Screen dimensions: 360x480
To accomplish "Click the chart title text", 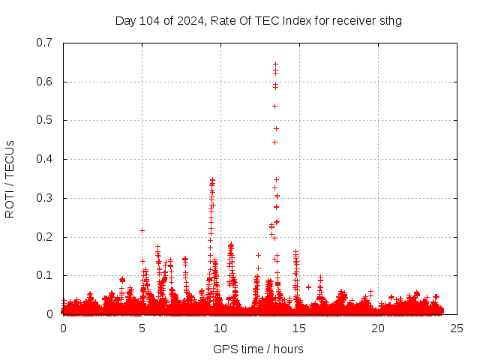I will pyautogui.click(x=259, y=21).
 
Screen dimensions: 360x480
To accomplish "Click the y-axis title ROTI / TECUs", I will pyautogui.click(x=10, y=178).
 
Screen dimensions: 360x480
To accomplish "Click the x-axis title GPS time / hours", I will pyautogui.click(x=259, y=349).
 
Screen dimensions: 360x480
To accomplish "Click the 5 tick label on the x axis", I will pyautogui.click(x=142, y=328).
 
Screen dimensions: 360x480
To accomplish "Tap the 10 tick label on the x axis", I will pyautogui.click(x=220, y=328).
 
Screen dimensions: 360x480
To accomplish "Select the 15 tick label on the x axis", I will pyautogui.click(x=299, y=328).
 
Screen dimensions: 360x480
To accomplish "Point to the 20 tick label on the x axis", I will pyautogui.click(x=378, y=328).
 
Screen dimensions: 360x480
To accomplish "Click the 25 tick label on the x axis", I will pyautogui.click(x=457, y=328).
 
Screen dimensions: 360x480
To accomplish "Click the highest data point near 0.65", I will pyautogui.click(x=275, y=64).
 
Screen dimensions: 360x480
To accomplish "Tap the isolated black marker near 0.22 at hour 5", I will pyautogui.click(x=142, y=230).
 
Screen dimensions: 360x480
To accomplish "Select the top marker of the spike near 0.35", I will pyautogui.click(x=212, y=180).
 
